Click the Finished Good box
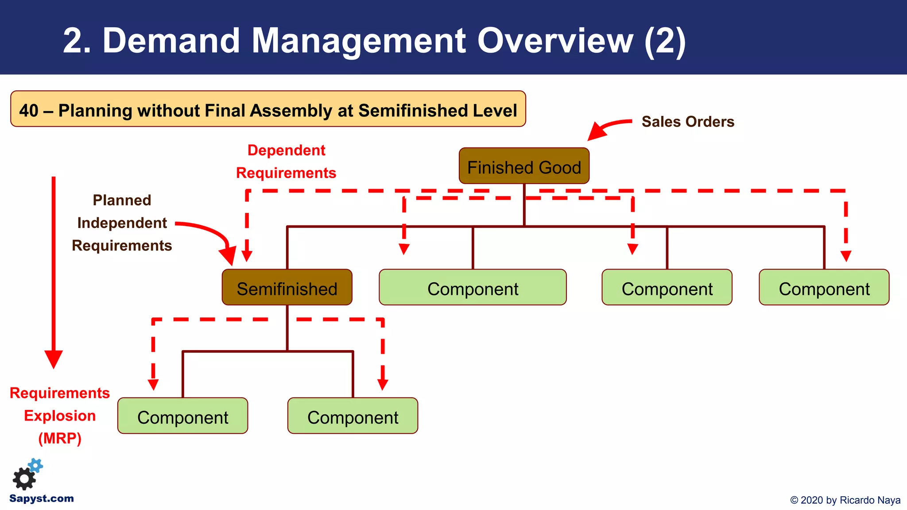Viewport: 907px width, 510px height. (x=524, y=166)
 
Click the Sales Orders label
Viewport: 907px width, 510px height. (x=687, y=122)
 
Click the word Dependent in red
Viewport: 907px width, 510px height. (x=286, y=150)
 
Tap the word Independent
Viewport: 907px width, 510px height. (x=122, y=223)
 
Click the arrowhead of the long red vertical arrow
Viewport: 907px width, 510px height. (x=54, y=359)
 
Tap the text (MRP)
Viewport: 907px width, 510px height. (x=60, y=438)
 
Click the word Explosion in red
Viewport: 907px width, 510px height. (x=60, y=416)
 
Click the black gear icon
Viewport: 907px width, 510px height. (x=23, y=479)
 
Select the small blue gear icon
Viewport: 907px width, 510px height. (x=36, y=465)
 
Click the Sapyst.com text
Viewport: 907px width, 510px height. (x=42, y=498)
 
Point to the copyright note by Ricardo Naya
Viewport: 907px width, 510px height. (x=845, y=500)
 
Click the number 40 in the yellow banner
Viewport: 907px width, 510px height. (x=29, y=110)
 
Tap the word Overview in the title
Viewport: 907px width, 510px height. (x=555, y=41)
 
